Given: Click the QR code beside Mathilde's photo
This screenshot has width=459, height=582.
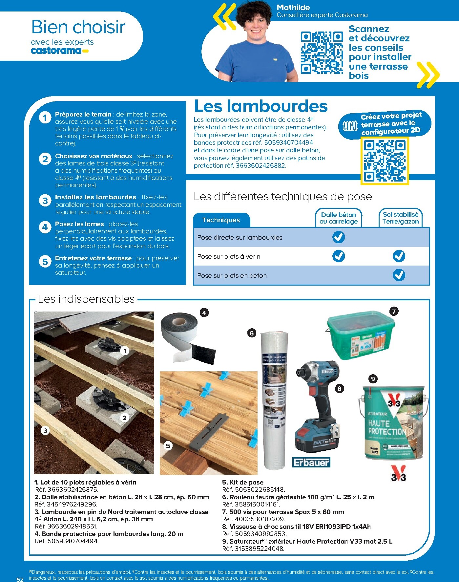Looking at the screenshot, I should [322, 53].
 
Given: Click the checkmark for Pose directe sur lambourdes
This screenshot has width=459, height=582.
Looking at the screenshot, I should [338, 237].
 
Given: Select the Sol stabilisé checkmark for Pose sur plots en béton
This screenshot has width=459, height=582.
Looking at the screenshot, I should [399, 275].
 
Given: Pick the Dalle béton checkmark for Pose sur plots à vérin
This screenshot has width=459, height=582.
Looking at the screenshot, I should [338, 256].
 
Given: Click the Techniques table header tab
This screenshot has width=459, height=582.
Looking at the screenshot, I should [221, 220].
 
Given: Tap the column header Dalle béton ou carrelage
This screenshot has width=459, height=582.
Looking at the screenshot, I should [338, 218].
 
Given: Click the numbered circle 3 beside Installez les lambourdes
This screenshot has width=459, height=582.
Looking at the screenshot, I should [45, 201].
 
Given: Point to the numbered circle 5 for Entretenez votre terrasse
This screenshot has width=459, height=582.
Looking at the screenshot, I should [45, 262].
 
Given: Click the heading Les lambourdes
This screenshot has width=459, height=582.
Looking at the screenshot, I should [261, 106].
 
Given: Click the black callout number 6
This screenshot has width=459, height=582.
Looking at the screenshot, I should [252, 333].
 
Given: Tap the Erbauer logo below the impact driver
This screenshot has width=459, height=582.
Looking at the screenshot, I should [311, 463].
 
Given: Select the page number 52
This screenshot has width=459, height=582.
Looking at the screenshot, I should [20, 579].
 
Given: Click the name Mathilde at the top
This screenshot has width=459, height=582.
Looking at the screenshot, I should [293, 7].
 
